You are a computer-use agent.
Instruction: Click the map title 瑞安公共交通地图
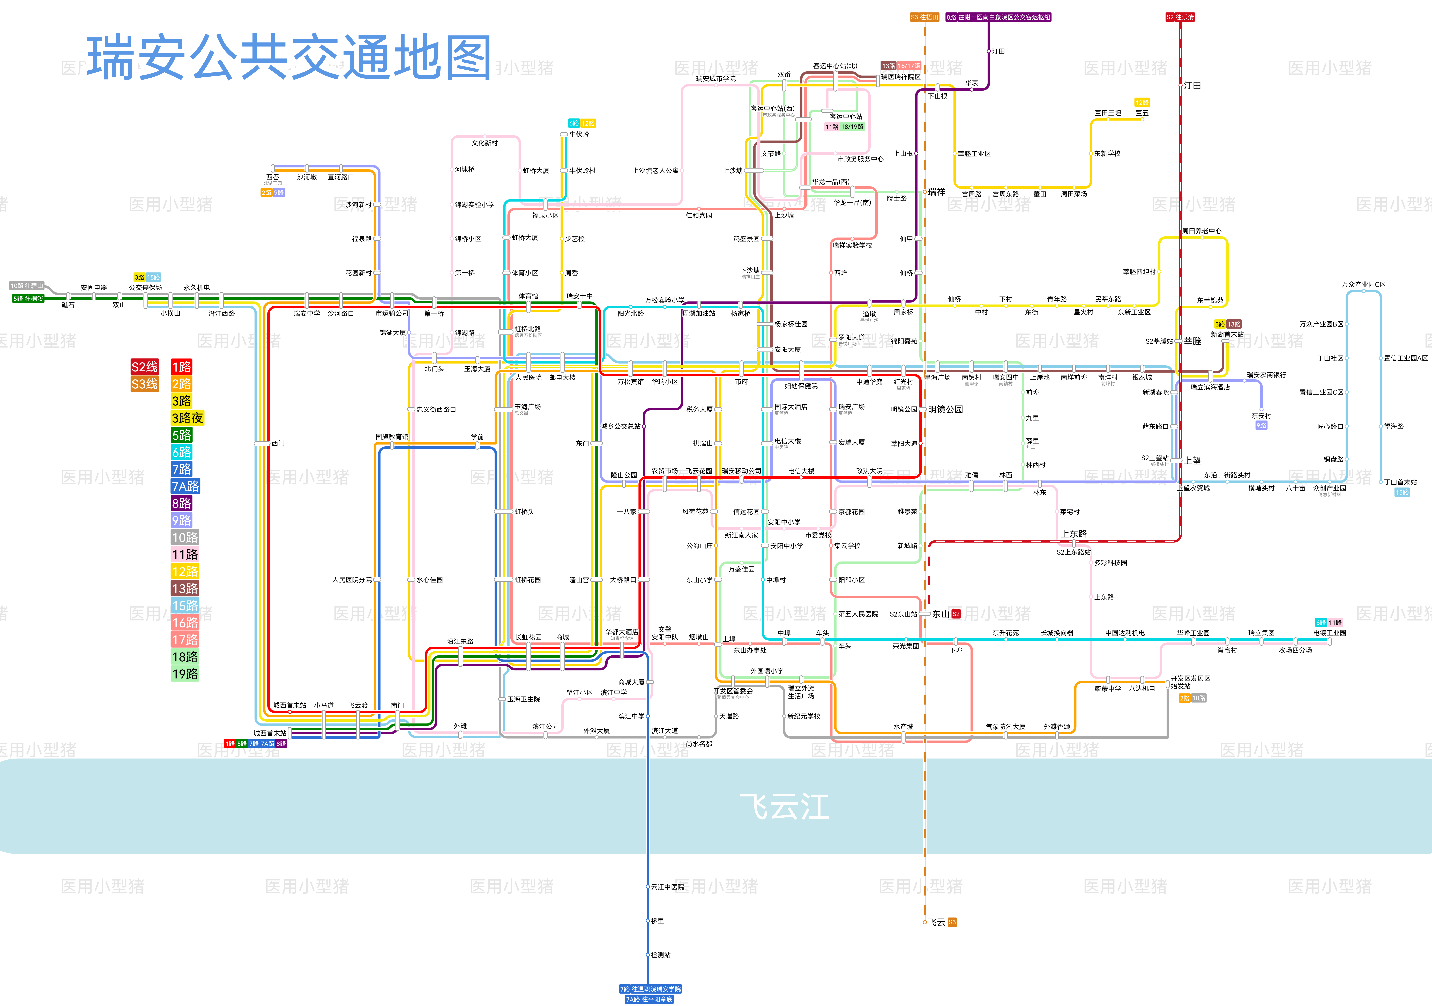click(289, 57)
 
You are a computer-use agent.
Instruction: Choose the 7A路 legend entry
click(185, 486)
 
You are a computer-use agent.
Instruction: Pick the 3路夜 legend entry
click(187, 418)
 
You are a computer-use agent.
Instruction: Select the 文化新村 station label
click(485, 143)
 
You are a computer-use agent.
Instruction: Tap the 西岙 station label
click(273, 177)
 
